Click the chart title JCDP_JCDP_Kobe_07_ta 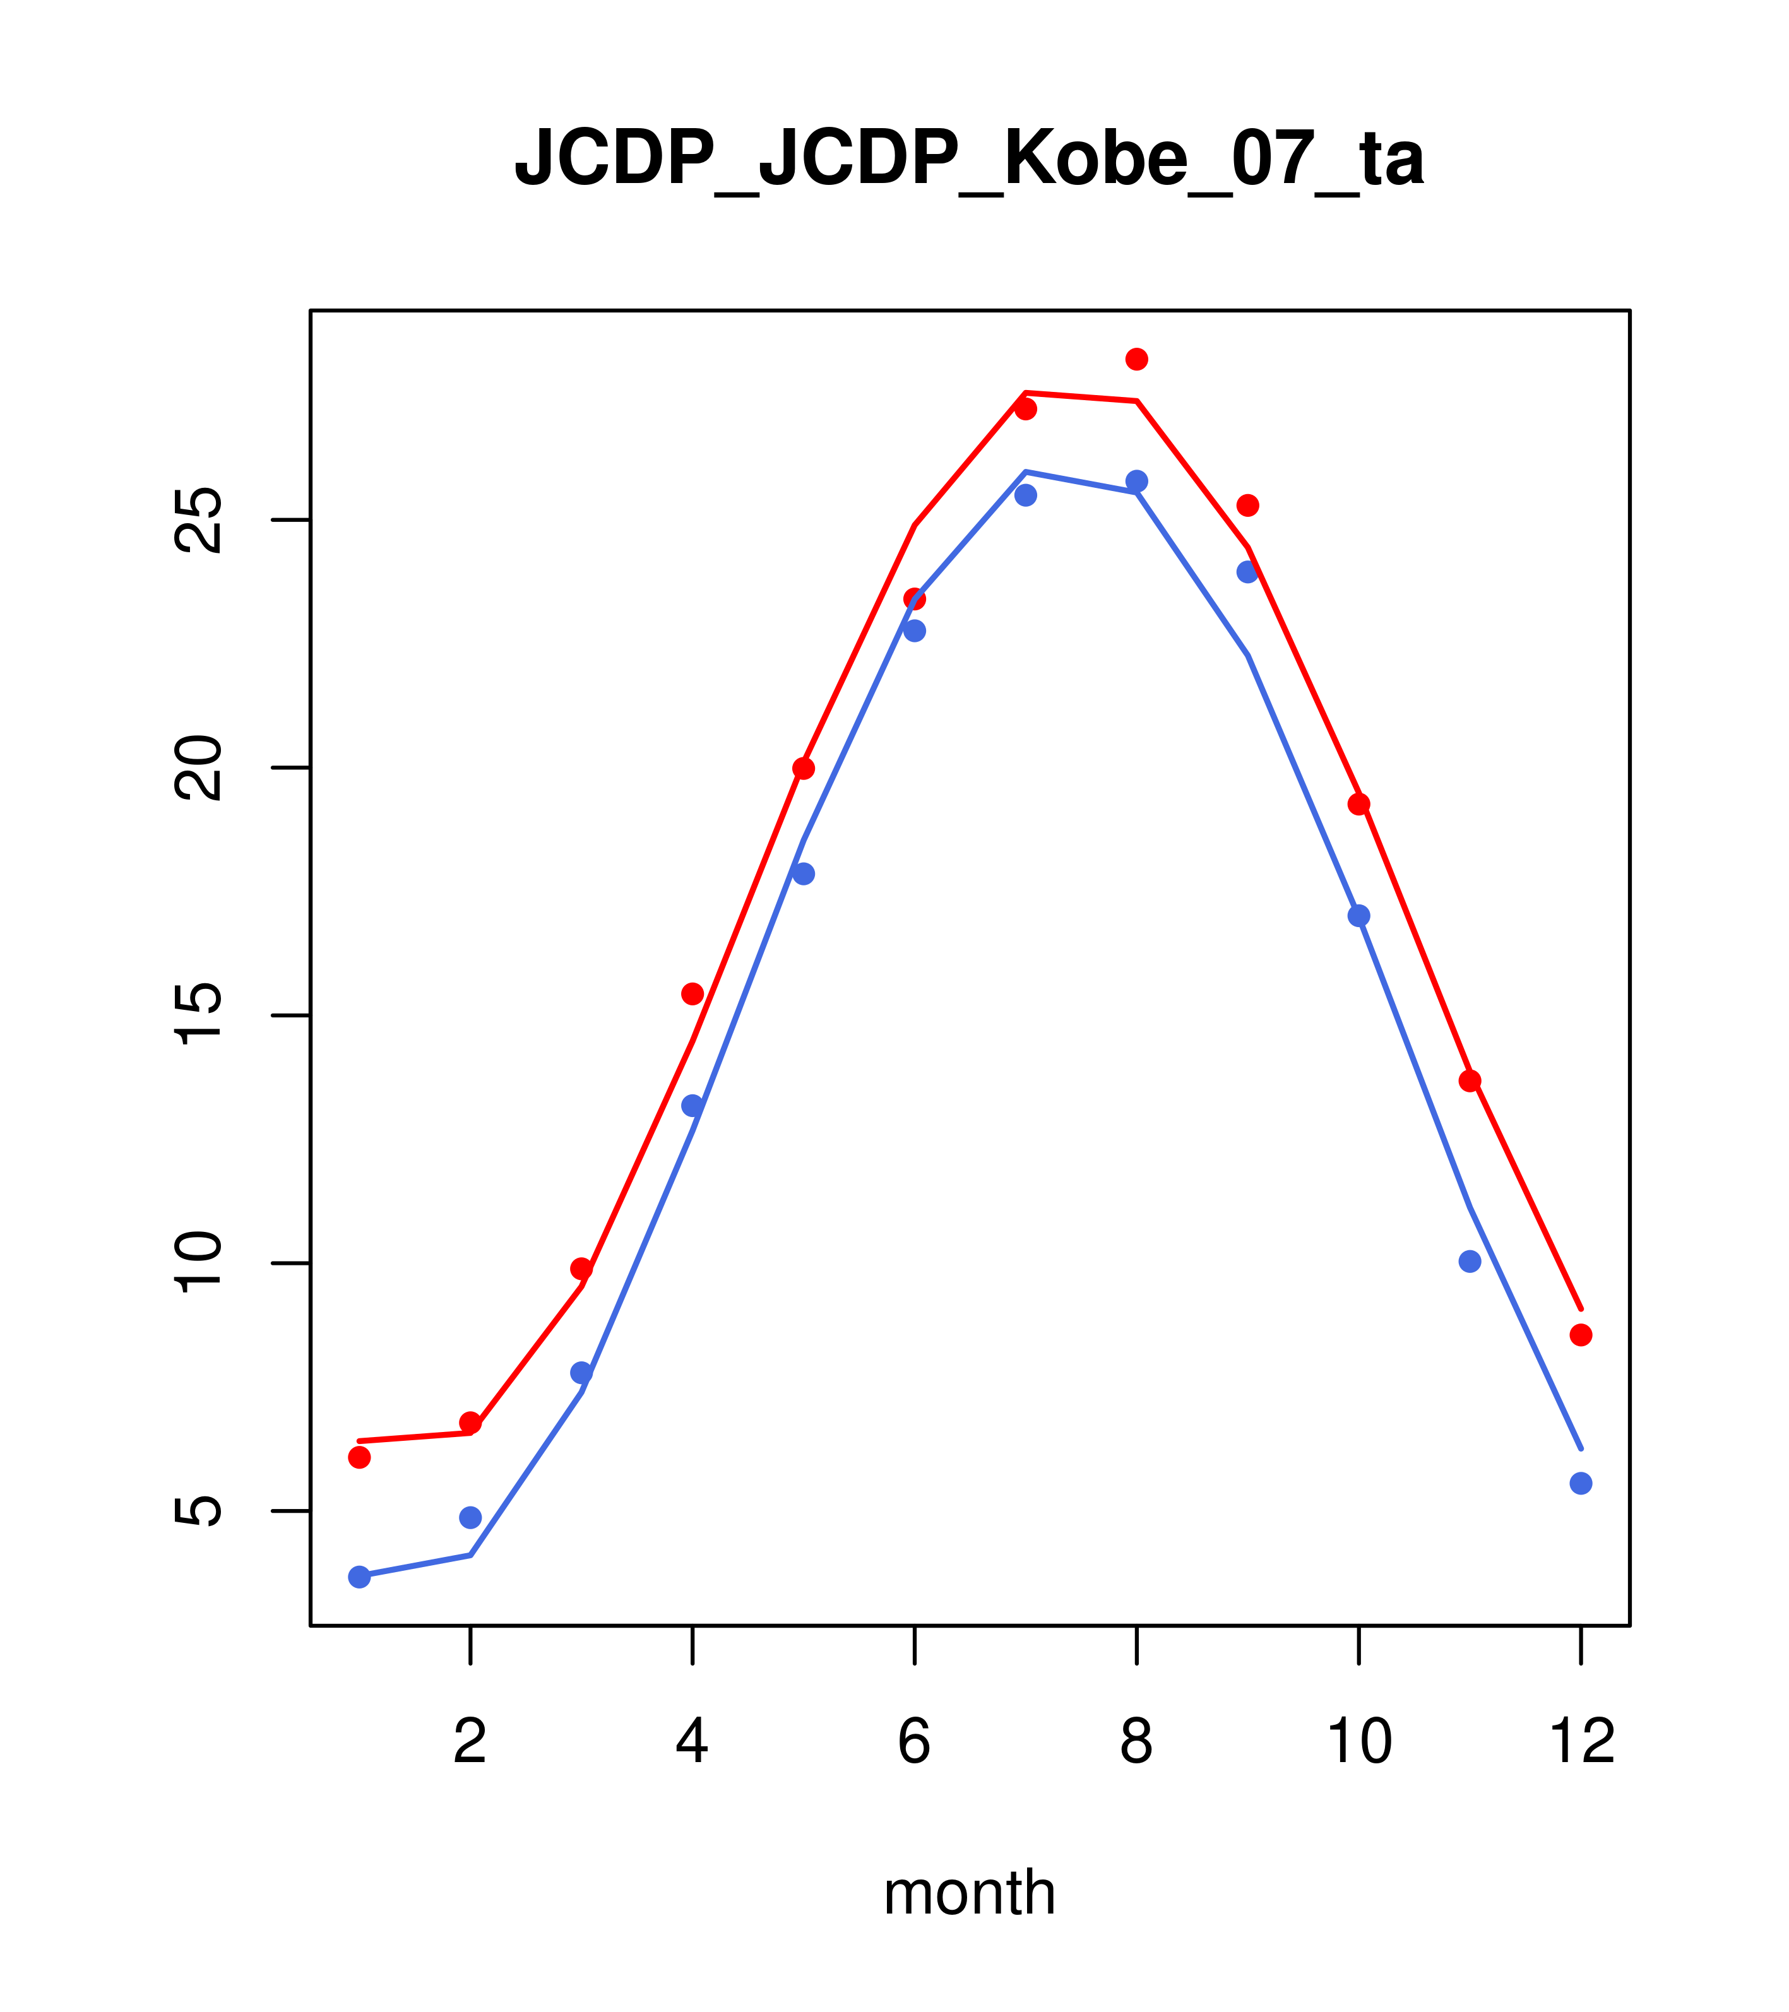[969, 158]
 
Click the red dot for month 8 [1136, 359]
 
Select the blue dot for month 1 [359, 1577]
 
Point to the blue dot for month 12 [1581, 1483]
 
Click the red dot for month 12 [1581, 1335]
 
